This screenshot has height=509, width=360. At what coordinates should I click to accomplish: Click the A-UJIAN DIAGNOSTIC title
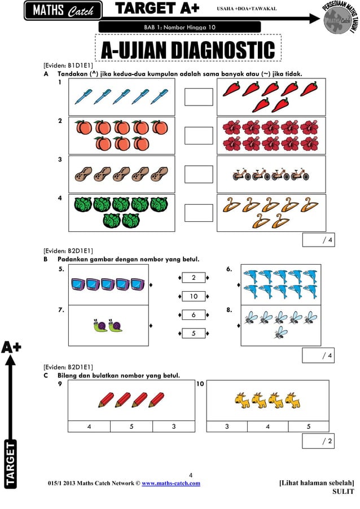(x=188, y=50)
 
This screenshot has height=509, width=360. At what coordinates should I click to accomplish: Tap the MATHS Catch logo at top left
(x=63, y=11)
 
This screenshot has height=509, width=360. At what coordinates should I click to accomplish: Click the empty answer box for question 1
(x=199, y=96)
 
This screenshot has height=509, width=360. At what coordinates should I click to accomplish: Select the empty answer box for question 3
(x=199, y=174)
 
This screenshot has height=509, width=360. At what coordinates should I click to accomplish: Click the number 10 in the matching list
(x=194, y=296)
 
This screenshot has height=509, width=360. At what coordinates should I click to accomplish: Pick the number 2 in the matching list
(x=194, y=278)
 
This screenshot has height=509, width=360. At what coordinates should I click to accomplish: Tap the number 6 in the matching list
(x=194, y=315)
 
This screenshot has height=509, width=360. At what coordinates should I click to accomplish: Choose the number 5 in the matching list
(x=194, y=334)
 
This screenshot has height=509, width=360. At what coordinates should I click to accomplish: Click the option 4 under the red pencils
(x=89, y=427)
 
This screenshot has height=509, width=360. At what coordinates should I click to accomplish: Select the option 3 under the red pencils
(x=174, y=427)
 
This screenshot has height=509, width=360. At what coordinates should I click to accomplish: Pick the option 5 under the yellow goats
(x=309, y=427)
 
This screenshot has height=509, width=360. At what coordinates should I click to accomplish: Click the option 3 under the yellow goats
(x=227, y=427)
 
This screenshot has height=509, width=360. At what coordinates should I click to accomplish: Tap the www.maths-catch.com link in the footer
(x=170, y=483)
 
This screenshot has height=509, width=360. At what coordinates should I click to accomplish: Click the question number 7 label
(x=61, y=310)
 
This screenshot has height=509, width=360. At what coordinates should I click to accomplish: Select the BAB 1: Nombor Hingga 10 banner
(x=179, y=27)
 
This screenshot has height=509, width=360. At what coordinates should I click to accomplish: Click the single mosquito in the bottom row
(x=280, y=333)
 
